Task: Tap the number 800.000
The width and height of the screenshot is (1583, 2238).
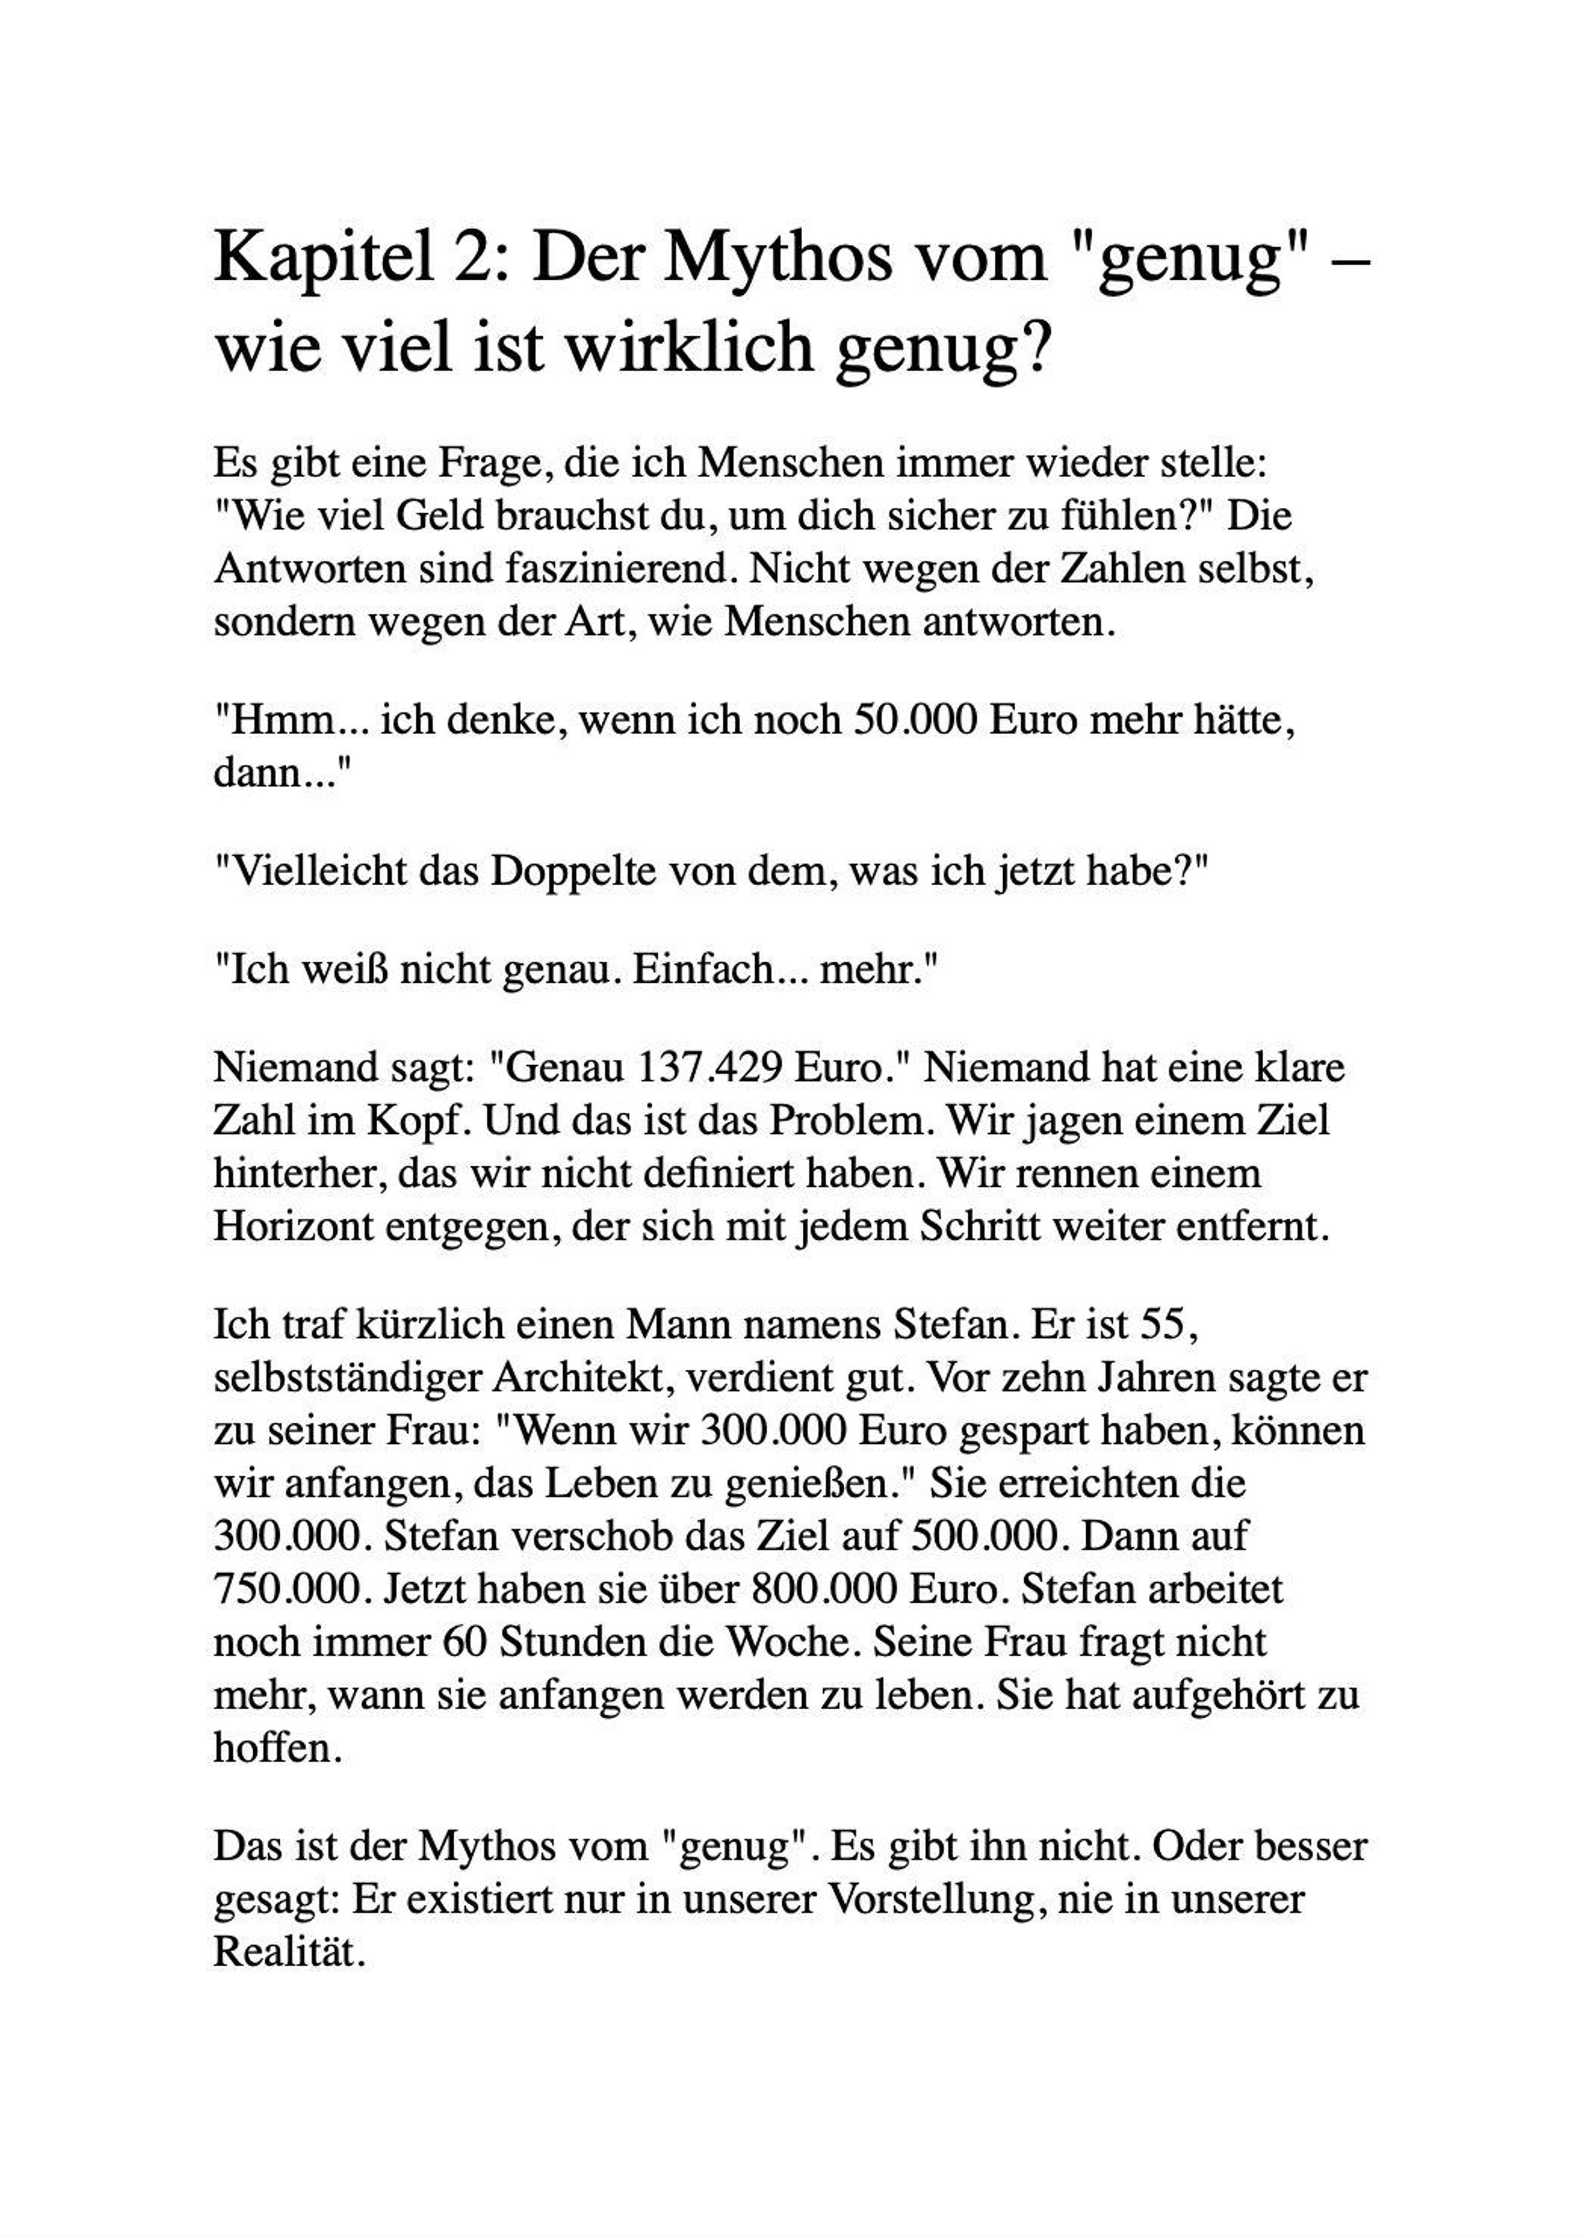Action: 826,1589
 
